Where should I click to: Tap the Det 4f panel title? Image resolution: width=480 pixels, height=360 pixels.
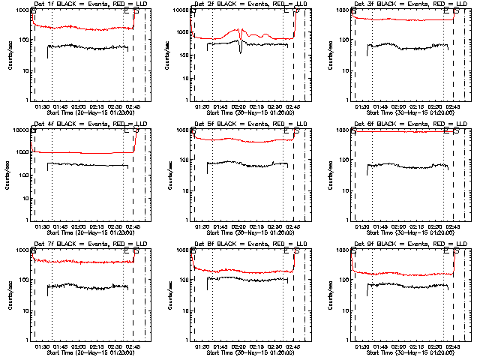click(x=85, y=125)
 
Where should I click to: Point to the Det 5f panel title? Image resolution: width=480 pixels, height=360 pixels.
click(x=245, y=125)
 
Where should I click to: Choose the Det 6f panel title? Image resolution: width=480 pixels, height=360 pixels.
click(x=406, y=125)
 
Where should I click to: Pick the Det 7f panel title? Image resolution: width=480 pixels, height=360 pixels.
click(x=85, y=245)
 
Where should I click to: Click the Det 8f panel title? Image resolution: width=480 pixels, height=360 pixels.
click(x=245, y=245)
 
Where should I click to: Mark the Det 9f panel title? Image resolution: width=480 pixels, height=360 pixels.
click(x=406, y=245)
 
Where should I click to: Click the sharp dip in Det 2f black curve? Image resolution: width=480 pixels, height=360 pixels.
click(x=241, y=51)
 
